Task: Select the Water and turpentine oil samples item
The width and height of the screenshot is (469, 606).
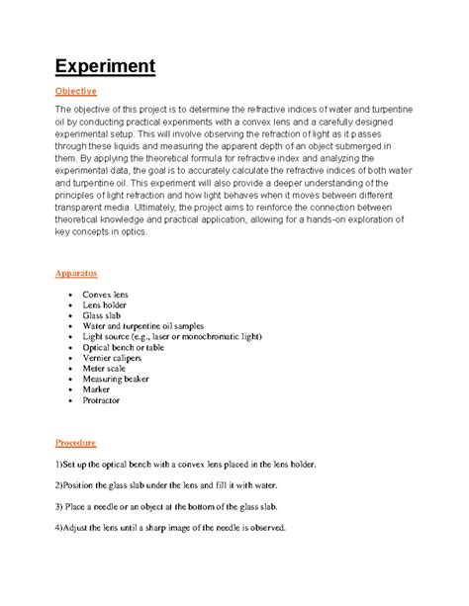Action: pos(152,329)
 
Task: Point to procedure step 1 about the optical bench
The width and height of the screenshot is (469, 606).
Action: pos(185,465)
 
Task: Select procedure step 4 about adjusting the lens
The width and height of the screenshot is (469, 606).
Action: pos(170,528)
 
